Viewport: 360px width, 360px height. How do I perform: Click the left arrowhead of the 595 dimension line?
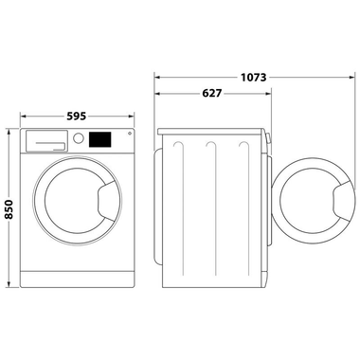[x=25, y=123]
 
